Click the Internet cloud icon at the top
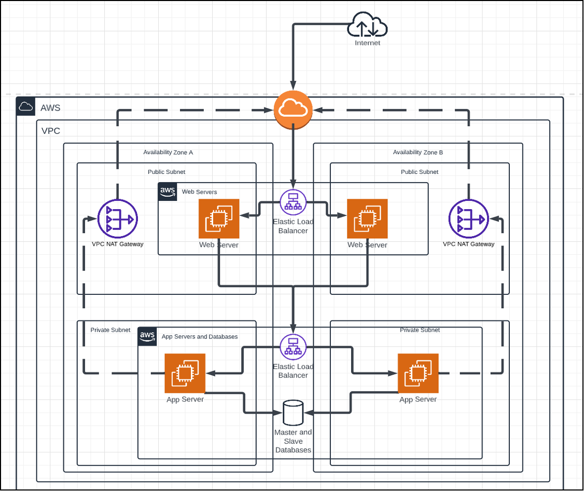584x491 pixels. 367,26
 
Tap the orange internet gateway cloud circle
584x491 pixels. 293,109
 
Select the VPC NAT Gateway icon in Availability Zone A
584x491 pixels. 117,219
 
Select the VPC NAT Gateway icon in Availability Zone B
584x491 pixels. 468,219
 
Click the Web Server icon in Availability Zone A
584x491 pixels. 218,219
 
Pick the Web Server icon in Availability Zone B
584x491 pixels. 367,219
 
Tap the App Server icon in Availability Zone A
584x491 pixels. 185,373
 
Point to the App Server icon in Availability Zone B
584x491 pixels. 418,373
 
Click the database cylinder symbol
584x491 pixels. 293,413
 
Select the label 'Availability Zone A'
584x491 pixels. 168,153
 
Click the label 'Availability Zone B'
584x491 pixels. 418,153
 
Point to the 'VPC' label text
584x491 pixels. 51,131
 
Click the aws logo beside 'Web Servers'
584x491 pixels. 168,191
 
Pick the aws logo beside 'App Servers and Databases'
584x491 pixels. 147,336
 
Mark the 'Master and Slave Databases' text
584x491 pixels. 293,441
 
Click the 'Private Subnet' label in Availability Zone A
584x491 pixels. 110,330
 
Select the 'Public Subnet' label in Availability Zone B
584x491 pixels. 420,172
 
